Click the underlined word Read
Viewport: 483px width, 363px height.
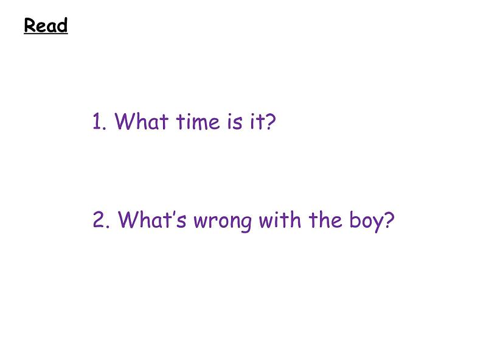46,26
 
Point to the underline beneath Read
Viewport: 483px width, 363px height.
46,34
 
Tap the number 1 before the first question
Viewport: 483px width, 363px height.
98,122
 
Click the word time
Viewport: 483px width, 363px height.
197,122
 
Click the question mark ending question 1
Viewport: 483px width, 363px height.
271,122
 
